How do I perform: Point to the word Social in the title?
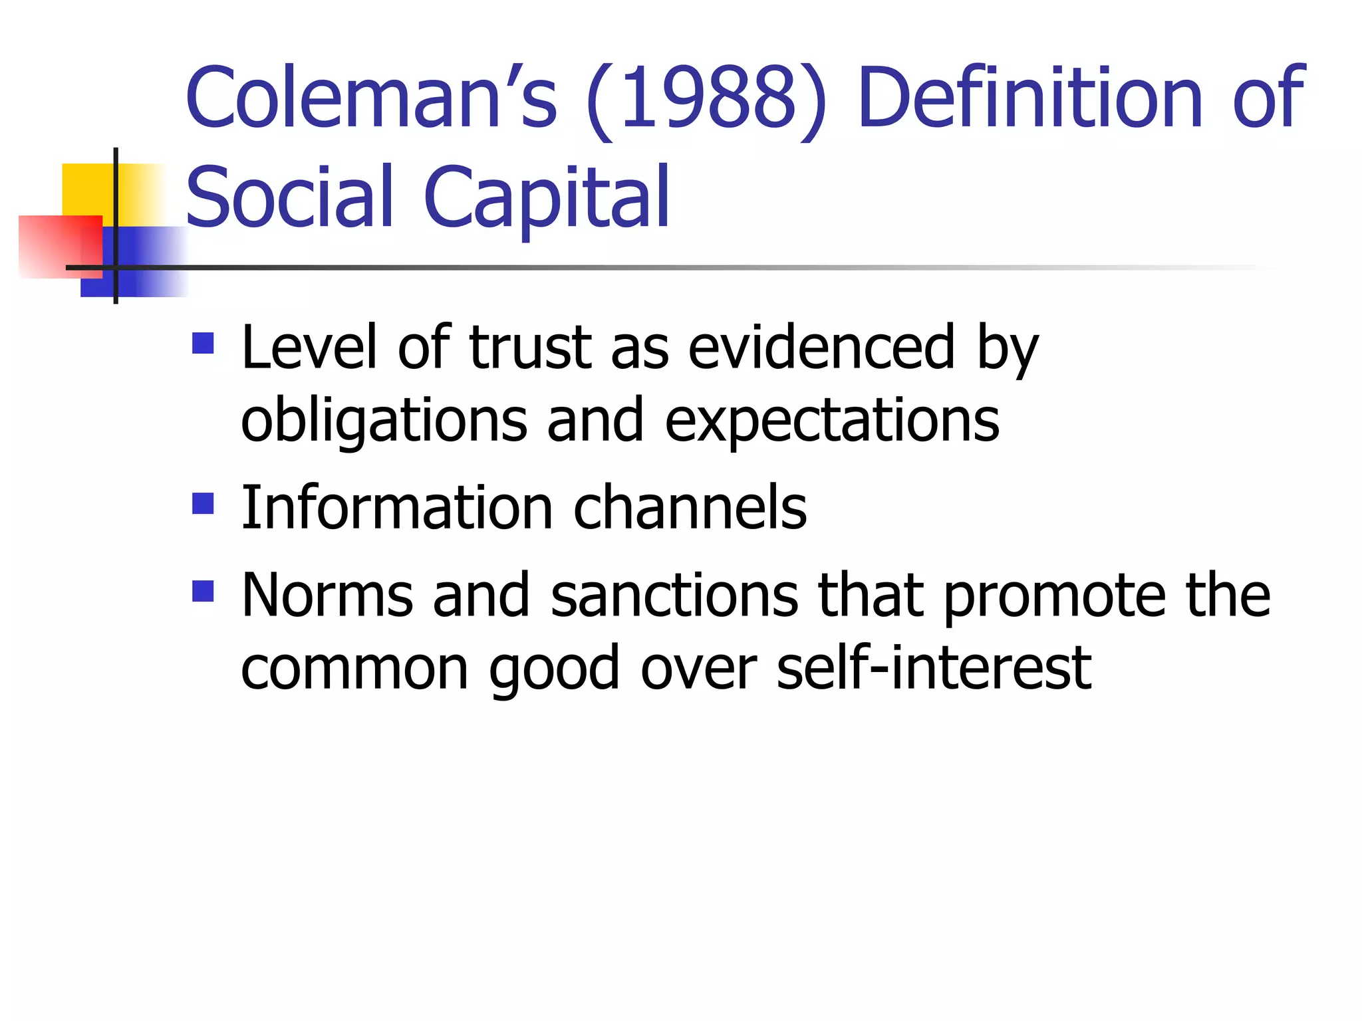click(289, 196)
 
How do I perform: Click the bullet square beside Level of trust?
click(203, 343)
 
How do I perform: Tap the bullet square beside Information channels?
click(203, 503)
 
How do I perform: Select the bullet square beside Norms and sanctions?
click(203, 591)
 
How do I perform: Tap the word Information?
click(396, 508)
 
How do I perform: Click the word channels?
click(690, 508)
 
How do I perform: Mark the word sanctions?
click(674, 595)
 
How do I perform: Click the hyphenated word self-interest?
click(933, 667)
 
